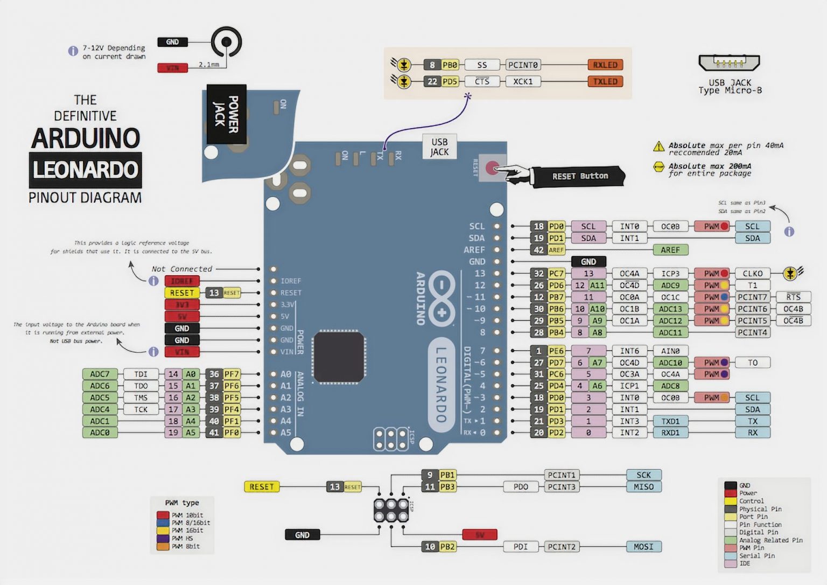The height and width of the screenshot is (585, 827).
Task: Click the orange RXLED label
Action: click(605, 65)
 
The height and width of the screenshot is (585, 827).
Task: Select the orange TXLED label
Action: click(605, 81)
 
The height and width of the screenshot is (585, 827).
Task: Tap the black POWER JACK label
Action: click(226, 114)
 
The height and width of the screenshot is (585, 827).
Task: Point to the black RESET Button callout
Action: click(579, 176)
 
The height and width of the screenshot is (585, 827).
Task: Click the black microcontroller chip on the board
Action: click(339, 357)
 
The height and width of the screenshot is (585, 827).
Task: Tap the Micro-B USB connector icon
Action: click(729, 63)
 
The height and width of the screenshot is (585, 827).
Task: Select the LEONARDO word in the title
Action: click(85, 170)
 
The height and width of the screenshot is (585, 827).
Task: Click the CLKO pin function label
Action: click(752, 274)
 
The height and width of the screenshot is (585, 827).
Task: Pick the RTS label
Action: click(793, 297)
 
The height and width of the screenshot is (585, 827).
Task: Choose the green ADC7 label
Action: click(100, 374)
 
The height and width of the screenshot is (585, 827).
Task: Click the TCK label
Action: click(141, 409)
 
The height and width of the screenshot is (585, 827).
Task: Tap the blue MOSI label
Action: click(643, 547)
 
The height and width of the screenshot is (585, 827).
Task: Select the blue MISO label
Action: click(643, 486)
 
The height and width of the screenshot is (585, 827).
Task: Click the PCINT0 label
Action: click(522, 65)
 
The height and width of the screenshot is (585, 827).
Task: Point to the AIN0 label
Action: click(670, 351)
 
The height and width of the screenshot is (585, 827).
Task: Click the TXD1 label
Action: click(670, 421)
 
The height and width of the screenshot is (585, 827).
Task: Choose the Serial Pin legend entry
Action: click(756, 556)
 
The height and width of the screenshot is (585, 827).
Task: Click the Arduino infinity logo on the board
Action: click(441, 298)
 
